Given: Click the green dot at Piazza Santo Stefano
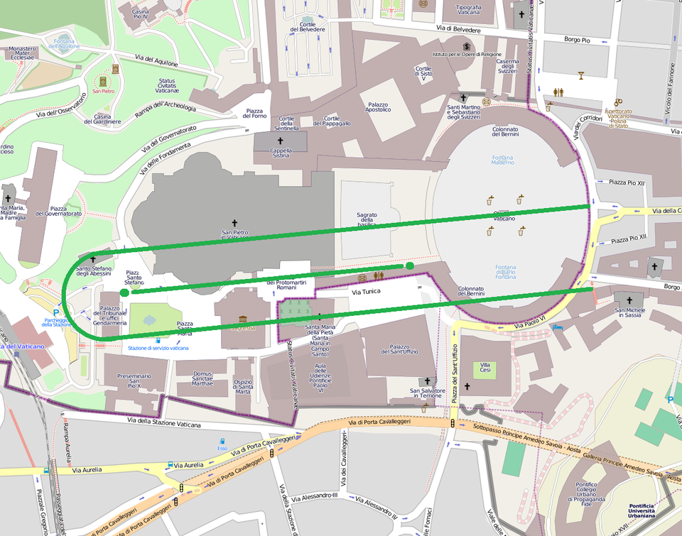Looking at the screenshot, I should [125, 292].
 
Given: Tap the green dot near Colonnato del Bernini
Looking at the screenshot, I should [410, 266].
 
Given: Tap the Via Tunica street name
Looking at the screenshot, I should [367, 292].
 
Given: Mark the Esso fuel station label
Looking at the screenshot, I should [222, 449].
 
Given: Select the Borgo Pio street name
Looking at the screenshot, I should [578, 40].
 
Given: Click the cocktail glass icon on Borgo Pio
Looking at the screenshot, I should [580, 75].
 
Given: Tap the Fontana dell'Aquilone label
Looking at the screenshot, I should [65, 43].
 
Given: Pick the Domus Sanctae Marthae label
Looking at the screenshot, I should [203, 378].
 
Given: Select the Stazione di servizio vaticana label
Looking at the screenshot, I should [158, 348].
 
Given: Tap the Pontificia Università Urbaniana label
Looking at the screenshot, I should [651, 510].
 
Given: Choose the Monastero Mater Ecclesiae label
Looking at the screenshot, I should [23, 53].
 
